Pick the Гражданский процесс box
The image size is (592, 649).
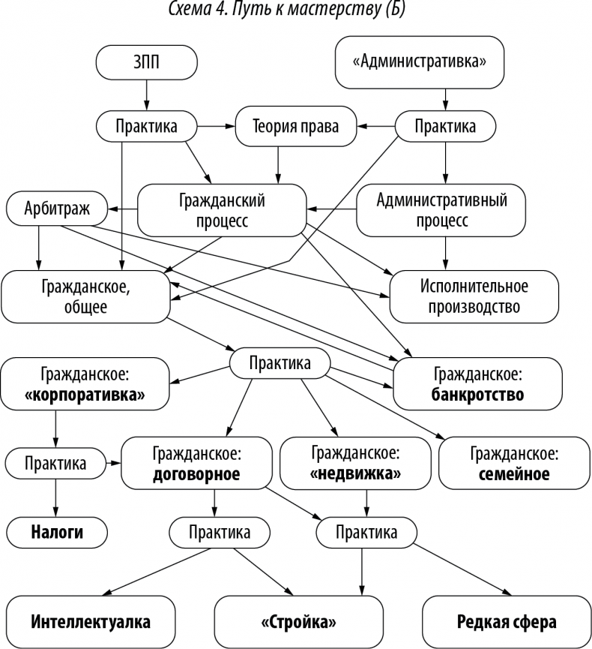223,211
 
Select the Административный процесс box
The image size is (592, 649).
442,211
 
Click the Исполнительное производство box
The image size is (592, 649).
474,296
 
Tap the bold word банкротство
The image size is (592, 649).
478,394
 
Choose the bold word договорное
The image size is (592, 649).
196,475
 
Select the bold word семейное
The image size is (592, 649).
514,475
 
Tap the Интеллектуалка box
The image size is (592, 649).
91,622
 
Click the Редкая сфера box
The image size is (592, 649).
507,622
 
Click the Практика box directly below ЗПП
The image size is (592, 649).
147,127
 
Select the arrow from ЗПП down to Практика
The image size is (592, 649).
147,95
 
